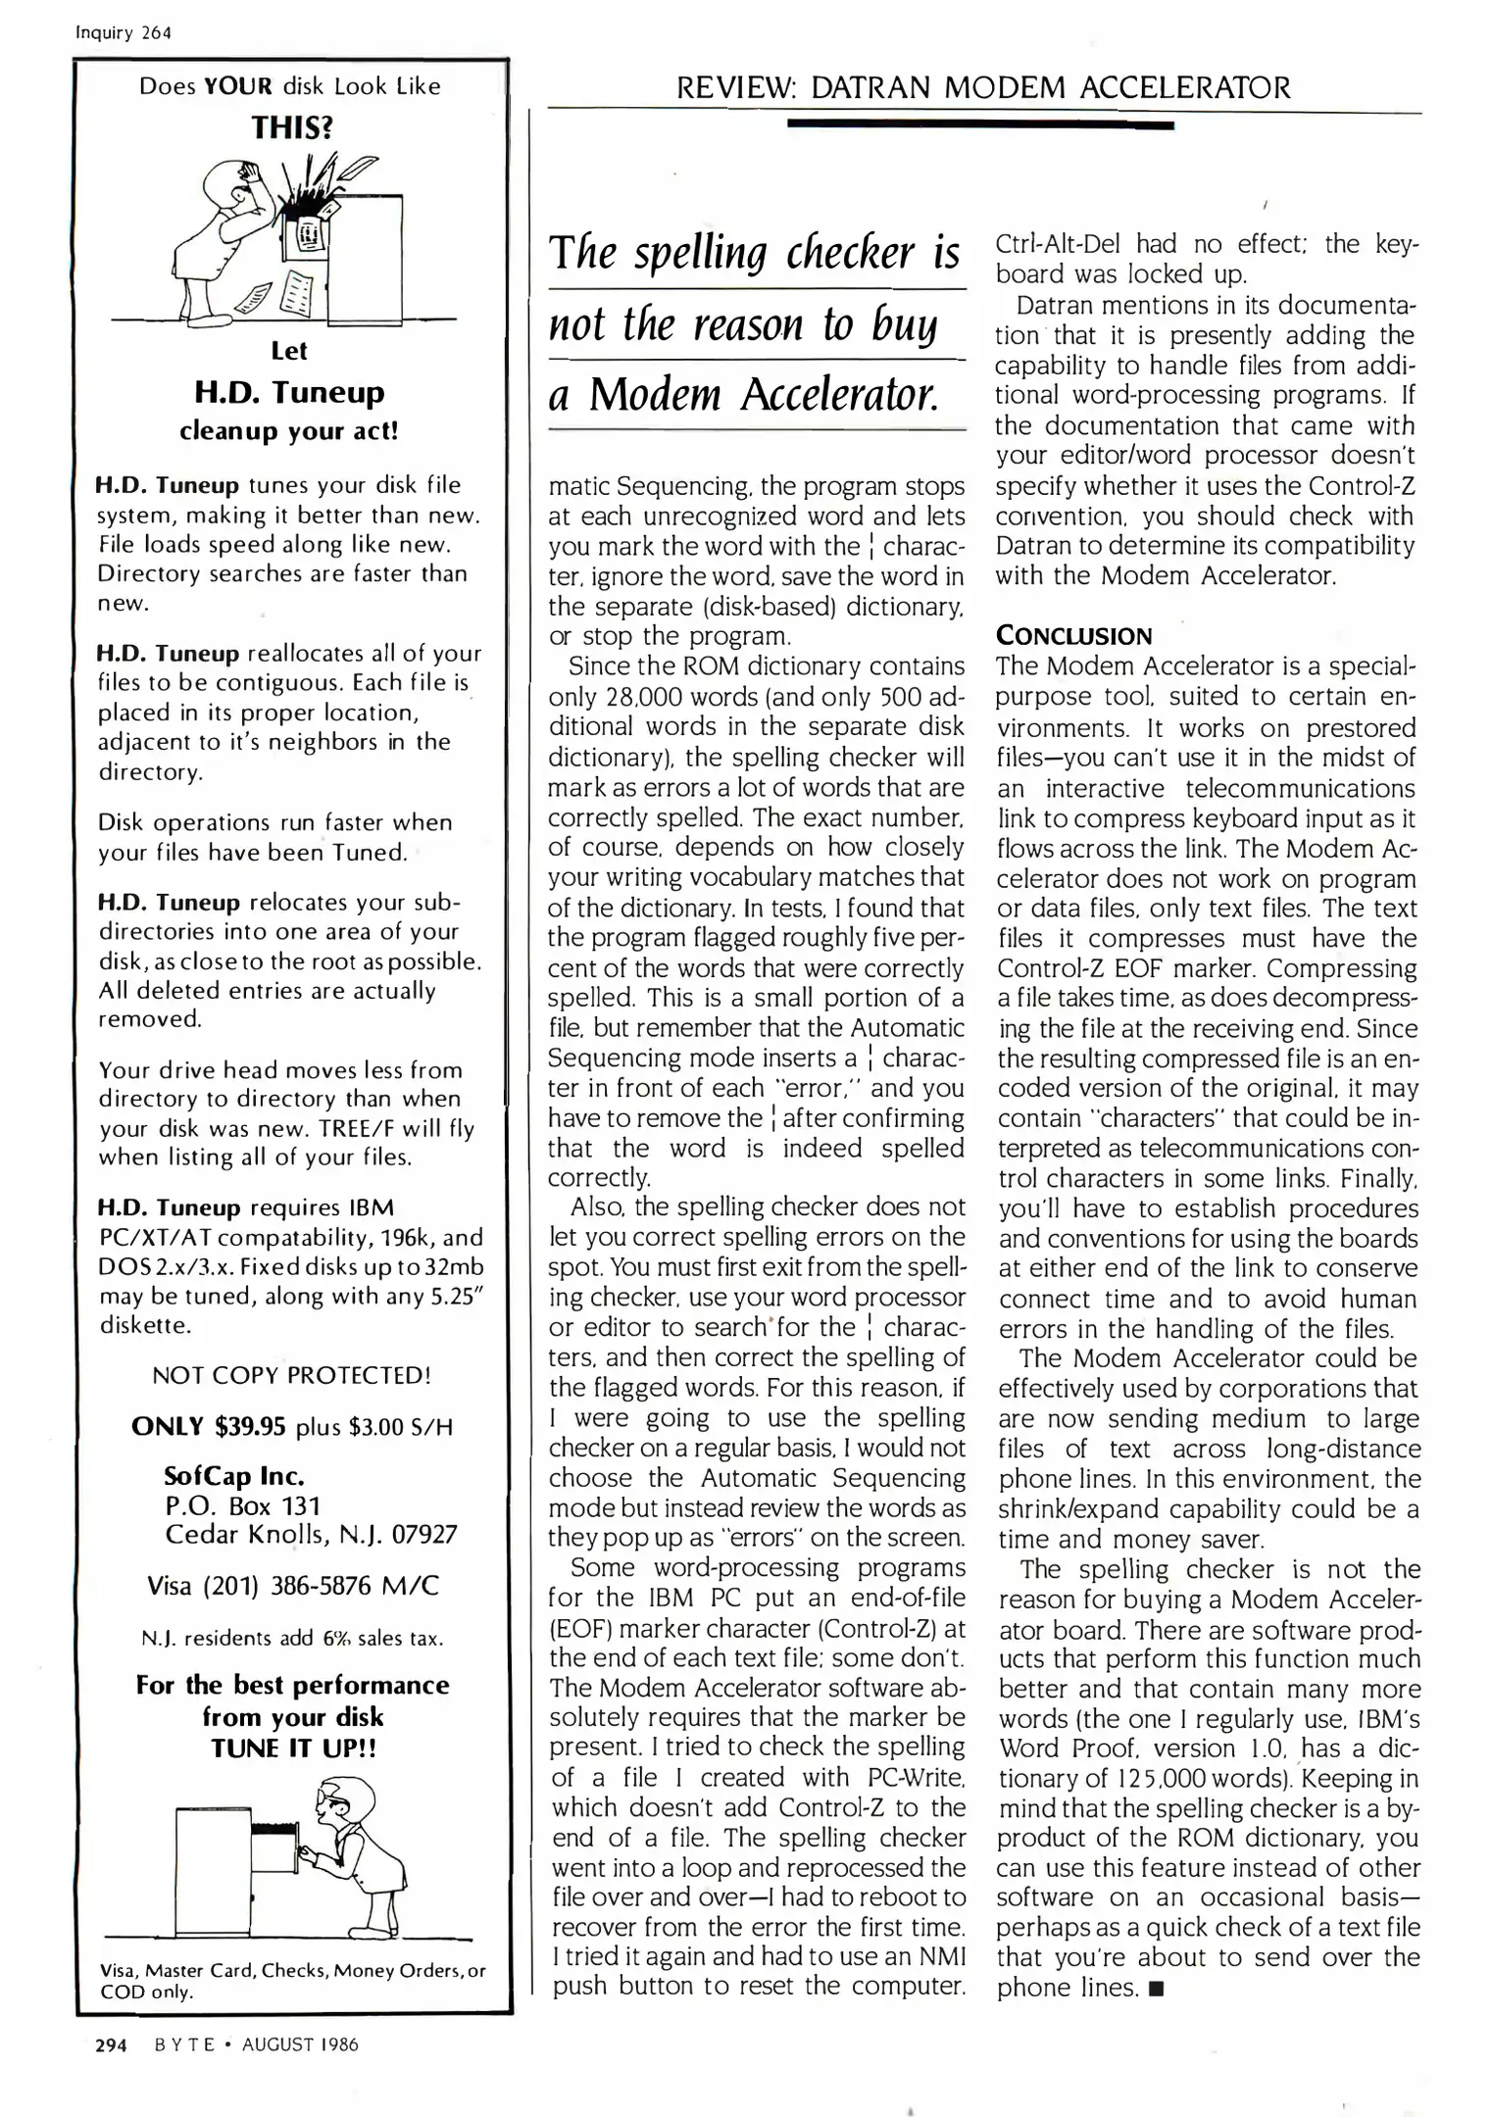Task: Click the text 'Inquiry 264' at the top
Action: click(x=124, y=32)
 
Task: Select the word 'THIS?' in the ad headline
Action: click(x=291, y=127)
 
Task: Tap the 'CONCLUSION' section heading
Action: click(x=1073, y=636)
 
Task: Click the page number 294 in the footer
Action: click(x=111, y=2044)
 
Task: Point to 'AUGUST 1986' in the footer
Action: click(x=300, y=2044)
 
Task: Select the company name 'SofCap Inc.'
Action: click(x=234, y=1475)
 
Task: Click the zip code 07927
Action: click(x=424, y=1534)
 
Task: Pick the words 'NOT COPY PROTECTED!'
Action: click(x=291, y=1375)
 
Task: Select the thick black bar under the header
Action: click(x=980, y=124)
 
